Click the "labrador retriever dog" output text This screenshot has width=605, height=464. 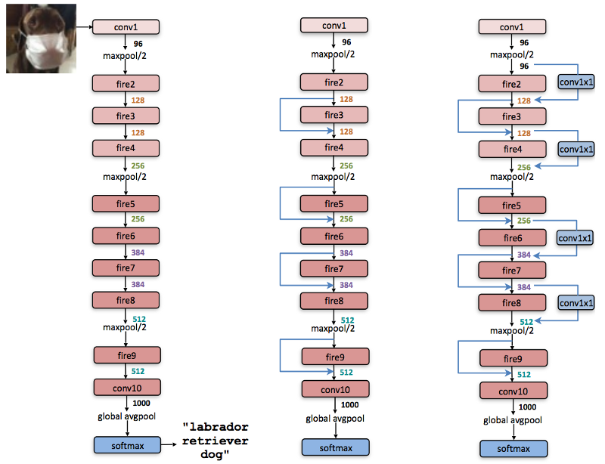pyautogui.click(x=216, y=440)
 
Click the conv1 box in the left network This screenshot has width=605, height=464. pyautogui.click(x=126, y=27)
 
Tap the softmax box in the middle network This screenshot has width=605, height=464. pyautogui.click(x=335, y=447)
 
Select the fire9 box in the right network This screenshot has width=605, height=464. pyautogui.click(x=513, y=358)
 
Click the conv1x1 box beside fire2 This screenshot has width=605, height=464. pyautogui.click(x=576, y=82)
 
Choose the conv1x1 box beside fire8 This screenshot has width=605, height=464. pyautogui.click(x=576, y=303)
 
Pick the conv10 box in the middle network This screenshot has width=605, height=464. pyautogui.click(x=335, y=389)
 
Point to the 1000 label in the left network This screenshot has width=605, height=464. pyautogui.click(x=141, y=403)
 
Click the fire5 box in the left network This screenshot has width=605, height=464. pyautogui.click(x=126, y=203)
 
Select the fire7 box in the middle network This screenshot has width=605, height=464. pyautogui.click(x=334, y=268)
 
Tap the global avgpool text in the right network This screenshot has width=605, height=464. pyautogui.click(x=513, y=420)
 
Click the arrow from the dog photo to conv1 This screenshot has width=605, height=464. pyautogui.click(x=84, y=27)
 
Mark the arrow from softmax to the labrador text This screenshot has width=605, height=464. pyautogui.click(x=169, y=444)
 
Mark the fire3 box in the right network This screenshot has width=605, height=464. pyautogui.click(x=513, y=116)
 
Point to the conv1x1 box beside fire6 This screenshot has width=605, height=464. pyautogui.click(x=575, y=238)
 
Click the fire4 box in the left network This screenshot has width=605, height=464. pyautogui.click(x=126, y=148)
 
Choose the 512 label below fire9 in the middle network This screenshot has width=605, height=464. pyautogui.click(x=346, y=373)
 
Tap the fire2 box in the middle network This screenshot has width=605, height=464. pyautogui.click(x=334, y=82)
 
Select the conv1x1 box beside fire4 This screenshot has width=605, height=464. pyautogui.click(x=576, y=149)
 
